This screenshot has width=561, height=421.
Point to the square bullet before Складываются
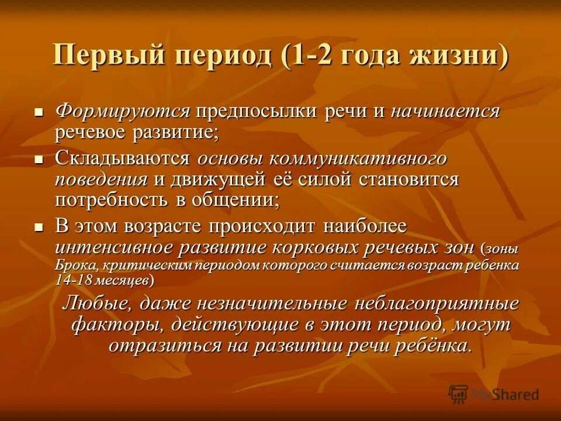[x=39, y=158]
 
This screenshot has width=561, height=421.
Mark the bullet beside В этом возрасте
[x=39, y=226]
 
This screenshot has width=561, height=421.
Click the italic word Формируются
[x=123, y=111]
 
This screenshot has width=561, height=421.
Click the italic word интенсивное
[x=118, y=247]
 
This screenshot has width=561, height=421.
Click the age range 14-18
[x=74, y=280]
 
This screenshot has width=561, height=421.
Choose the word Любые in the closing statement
[x=93, y=303]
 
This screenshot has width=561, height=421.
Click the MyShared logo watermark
[x=493, y=394]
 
